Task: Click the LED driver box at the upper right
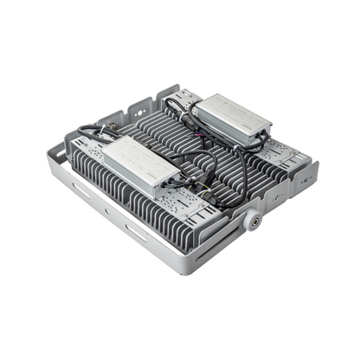tap(231, 119)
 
